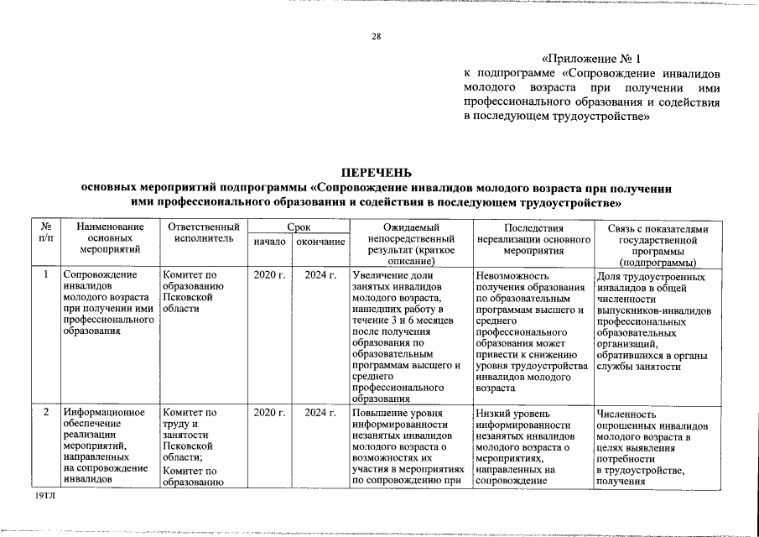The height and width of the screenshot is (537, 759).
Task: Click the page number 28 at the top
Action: (377, 35)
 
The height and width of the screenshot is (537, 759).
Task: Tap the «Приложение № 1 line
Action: (591, 60)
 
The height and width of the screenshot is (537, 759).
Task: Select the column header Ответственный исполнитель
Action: (204, 232)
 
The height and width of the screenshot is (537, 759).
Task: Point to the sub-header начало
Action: (269, 242)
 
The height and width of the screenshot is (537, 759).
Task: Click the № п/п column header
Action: (47, 232)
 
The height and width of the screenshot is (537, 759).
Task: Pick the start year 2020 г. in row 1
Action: (269, 274)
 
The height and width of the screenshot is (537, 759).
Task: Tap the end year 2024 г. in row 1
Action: (320, 274)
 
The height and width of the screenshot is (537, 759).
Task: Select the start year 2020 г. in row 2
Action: (269, 412)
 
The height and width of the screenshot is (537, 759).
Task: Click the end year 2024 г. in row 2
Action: (320, 412)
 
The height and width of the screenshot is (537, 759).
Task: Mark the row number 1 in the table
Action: (47, 274)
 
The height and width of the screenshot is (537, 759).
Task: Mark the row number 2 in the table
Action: (47, 412)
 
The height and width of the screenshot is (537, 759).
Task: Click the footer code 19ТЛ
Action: (44, 497)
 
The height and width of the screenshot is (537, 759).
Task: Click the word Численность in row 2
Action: (626, 413)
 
